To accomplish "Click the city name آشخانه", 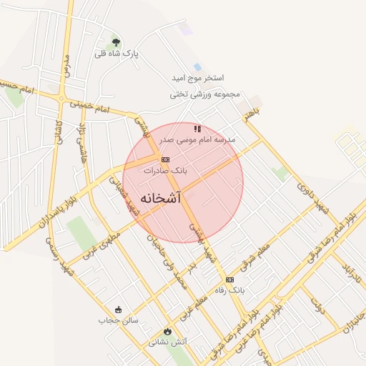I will click(161, 197).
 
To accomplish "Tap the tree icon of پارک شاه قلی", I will click(117, 43).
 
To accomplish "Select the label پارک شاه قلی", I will click(117, 54).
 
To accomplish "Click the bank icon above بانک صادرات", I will click(165, 159).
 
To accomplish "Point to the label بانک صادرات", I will click(165, 171).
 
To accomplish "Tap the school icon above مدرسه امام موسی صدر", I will click(197, 129).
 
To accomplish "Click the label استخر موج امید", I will click(198, 77).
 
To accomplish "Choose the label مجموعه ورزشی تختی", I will click(205, 94).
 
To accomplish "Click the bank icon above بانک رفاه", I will click(229, 280).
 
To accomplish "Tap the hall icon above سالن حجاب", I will click(118, 310).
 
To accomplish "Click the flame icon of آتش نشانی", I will click(167, 332).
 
